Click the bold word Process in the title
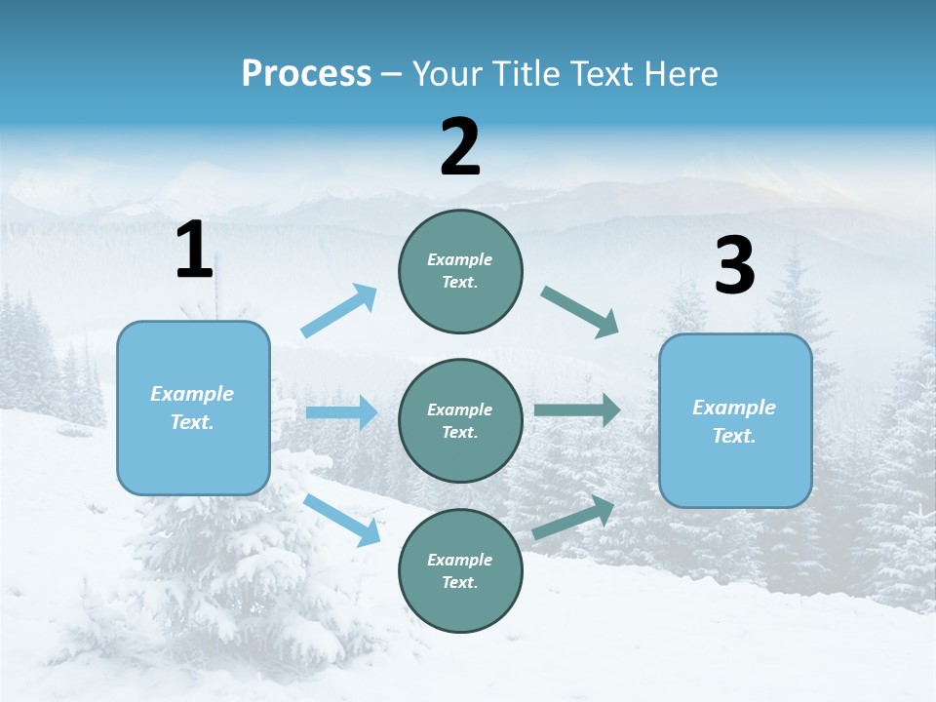point(306,74)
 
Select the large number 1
point(194,251)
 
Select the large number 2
point(460,147)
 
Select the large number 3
point(734,266)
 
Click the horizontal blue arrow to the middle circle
point(341,412)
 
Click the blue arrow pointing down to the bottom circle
point(342,520)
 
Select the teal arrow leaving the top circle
point(580,312)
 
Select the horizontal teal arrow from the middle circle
point(577,409)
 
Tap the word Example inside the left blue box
point(192,394)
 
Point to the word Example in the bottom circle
point(459,560)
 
